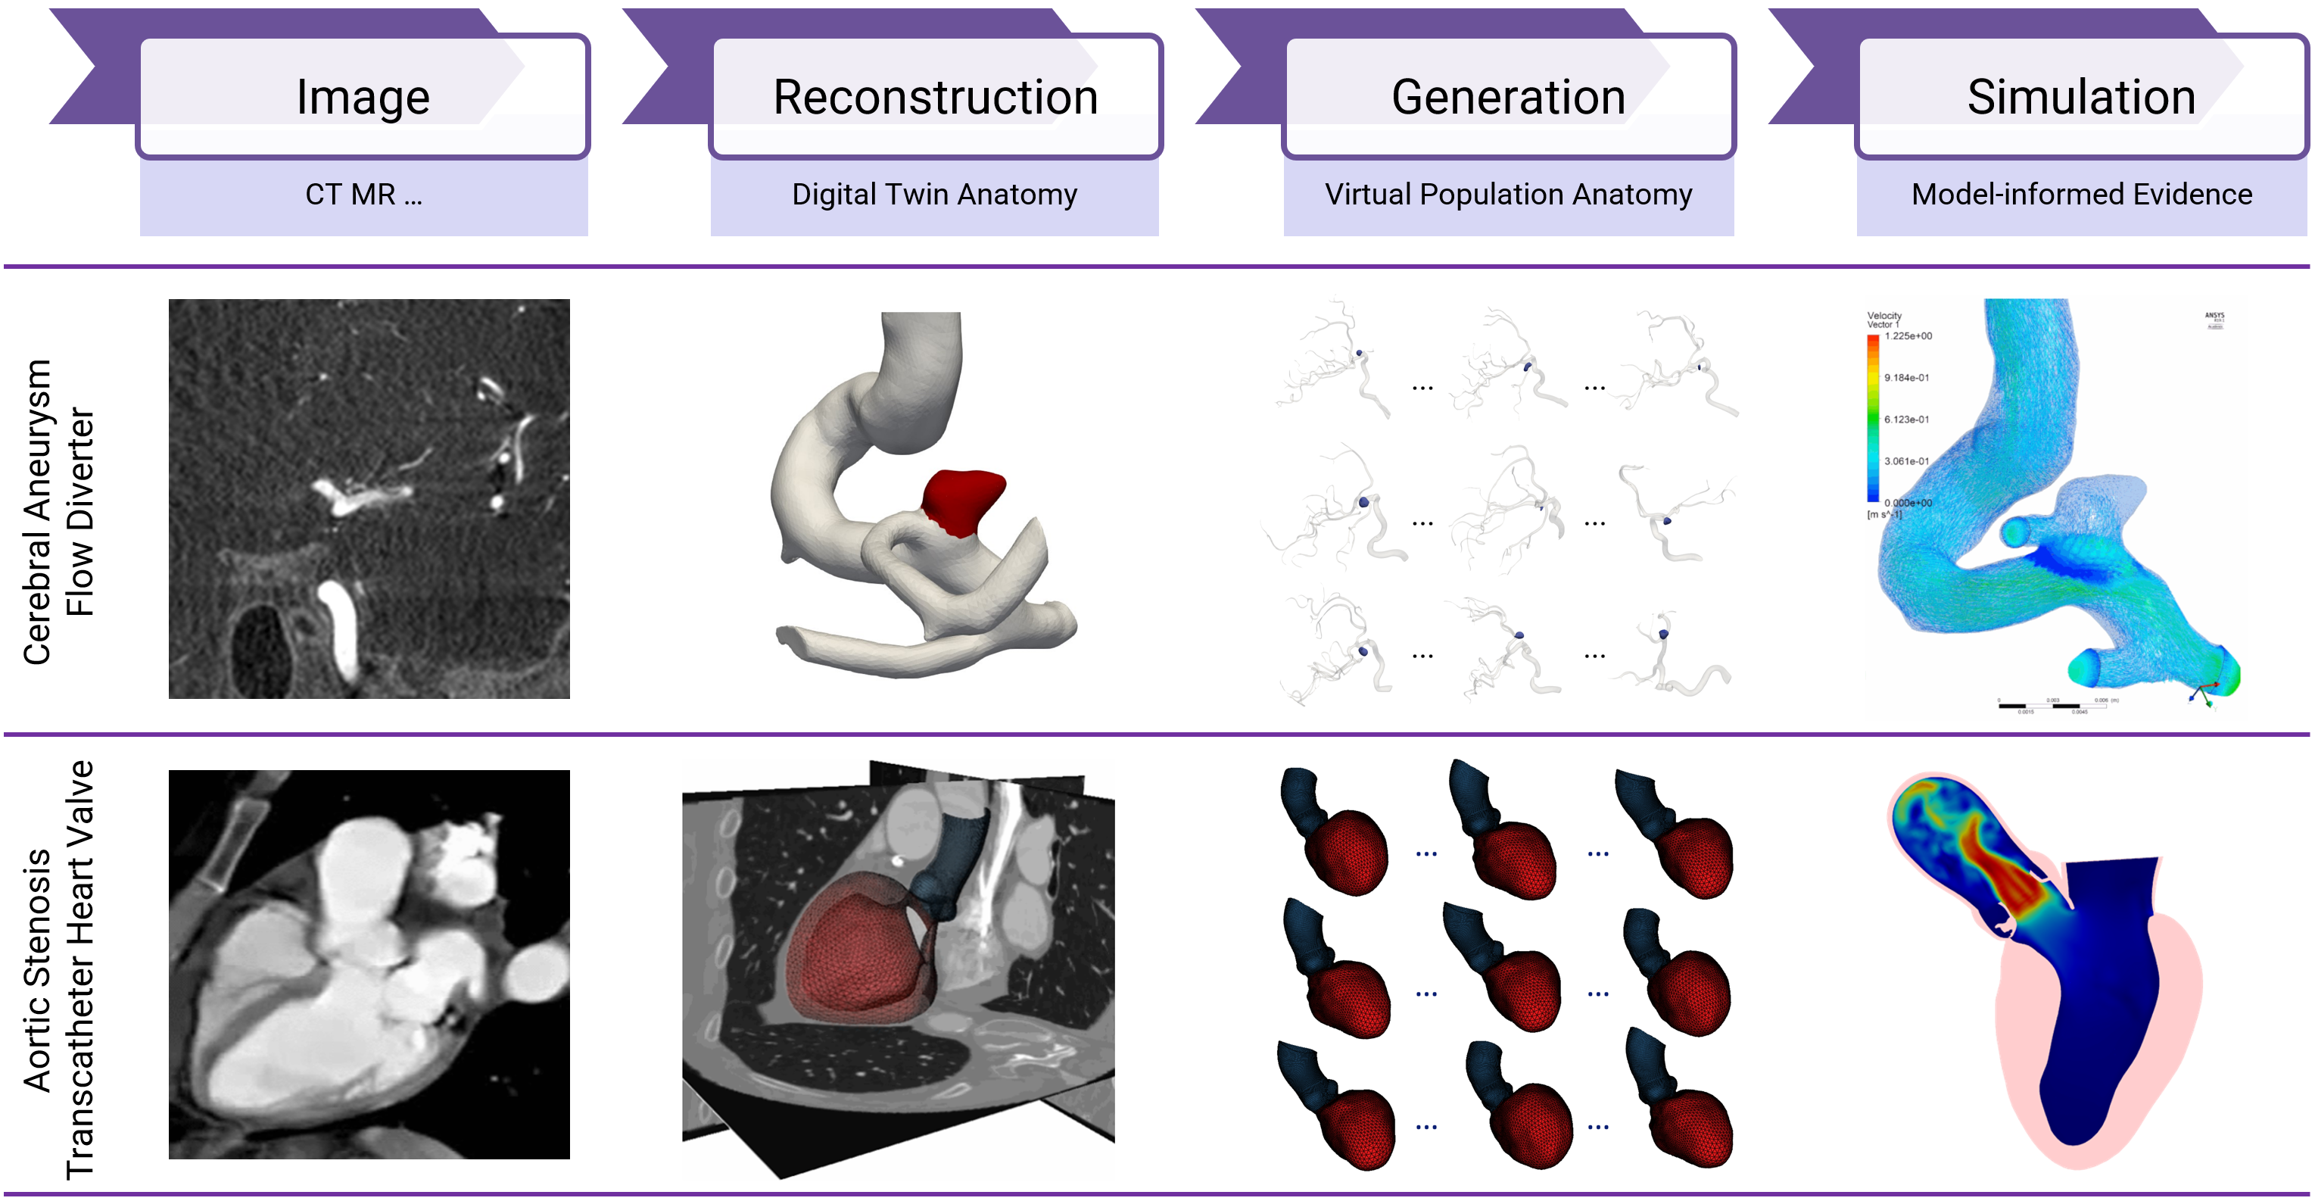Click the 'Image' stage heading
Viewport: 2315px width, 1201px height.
(x=363, y=97)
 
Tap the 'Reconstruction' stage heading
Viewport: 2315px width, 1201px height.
(x=936, y=97)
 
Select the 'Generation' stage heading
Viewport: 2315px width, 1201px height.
(x=1508, y=97)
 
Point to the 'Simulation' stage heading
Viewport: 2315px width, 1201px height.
(x=2080, y=97)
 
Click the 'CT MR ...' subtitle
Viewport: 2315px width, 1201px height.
(x=363, y=194)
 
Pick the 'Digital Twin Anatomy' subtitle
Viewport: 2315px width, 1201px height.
(x=935, y=194)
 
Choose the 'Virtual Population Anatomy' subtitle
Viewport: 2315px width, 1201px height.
(x=1508, y=194)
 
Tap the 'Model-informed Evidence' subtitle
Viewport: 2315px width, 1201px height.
(x=2081, y=194)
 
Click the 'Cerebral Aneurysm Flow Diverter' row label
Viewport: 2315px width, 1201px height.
(x=58, y=511)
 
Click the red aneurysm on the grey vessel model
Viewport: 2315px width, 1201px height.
(x=961, y=501)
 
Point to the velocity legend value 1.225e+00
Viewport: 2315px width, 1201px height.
(x=1908, y=336)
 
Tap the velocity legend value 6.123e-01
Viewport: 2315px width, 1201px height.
(x=1906, y=420)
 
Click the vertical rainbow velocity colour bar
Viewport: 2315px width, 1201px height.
(x=1873, y=418)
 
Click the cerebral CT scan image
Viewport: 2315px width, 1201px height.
(x=369, y=499)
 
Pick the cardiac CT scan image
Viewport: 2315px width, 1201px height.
(x=369, y=964)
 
